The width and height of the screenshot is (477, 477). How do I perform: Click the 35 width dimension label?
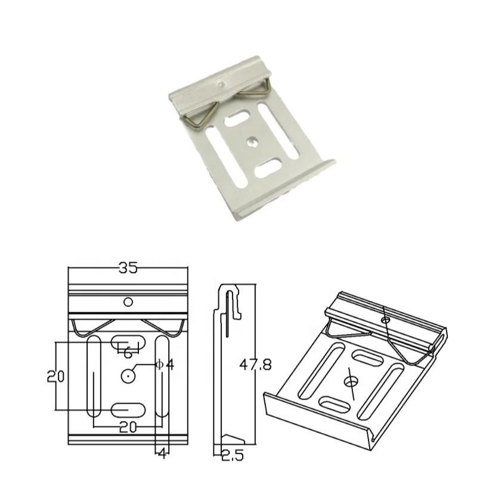point(128,268)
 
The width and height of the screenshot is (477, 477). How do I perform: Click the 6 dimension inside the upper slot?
point(128,353)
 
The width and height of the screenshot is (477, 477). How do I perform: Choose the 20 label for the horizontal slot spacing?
point(127,428)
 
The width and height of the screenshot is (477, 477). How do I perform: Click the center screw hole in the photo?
point(253,142)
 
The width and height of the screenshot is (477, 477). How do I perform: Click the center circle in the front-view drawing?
point(129,376)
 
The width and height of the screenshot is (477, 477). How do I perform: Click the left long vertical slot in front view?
point(94,377)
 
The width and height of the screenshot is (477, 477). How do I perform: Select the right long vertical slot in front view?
point(162,376)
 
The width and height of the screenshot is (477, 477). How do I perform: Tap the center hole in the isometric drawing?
point(351,379)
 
